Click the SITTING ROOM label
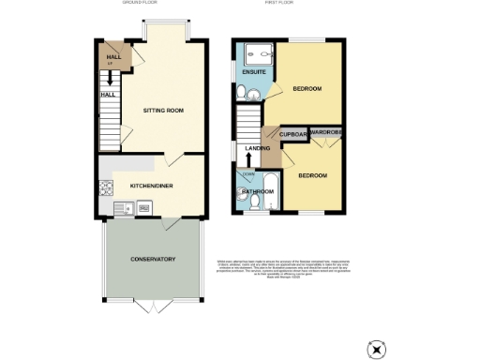(162, 111)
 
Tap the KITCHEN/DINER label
(150, 186)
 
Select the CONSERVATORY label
(153, 258)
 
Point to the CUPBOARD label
(293, 135)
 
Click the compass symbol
(378, 348)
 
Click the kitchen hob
(103, 187)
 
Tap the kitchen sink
(121, 208)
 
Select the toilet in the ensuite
(243, 91)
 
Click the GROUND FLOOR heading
(141, 4)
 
